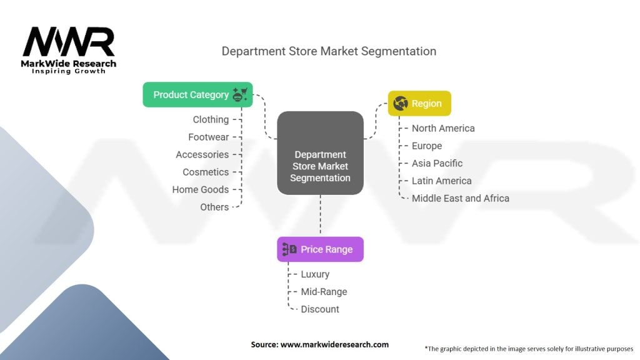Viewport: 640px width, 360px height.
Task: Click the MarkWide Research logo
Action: (69, 49)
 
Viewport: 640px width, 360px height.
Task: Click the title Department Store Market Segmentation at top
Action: (329, 51)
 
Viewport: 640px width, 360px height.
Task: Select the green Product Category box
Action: (197, 94)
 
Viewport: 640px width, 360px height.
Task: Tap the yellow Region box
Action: (419, 104)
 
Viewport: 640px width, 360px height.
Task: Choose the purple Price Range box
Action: (320, 249)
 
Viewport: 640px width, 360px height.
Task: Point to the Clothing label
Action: (211, 119)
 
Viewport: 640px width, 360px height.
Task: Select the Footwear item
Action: (209, 137)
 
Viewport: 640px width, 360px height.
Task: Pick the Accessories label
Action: (202, 154)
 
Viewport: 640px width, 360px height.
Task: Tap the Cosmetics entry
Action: (206, 172)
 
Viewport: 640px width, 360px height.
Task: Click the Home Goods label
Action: (201, 189)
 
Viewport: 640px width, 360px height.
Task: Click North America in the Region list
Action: (443, 128)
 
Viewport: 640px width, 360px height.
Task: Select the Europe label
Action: (427, 146)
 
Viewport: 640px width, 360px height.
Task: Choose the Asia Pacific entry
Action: (437, 163)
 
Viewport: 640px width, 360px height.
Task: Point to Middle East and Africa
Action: (461, 198)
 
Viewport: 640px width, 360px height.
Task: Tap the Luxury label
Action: (315, 274)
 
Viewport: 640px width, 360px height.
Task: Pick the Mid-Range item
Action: (324, 291)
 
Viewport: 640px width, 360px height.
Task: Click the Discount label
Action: (320, 309)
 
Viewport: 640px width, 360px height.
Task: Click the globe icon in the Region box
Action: (401, 104)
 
